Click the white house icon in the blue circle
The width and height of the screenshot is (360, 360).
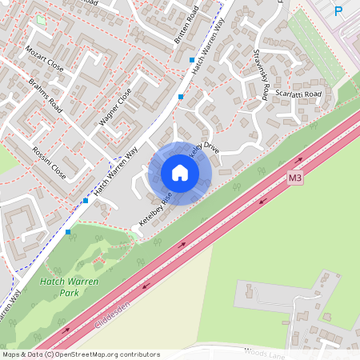click(x=179, y=172)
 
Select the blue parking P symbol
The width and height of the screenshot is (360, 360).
click(x=338, y=11)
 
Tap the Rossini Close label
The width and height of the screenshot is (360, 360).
click(x=49, y=160)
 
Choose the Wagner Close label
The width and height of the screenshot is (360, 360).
click(x=114, y=110)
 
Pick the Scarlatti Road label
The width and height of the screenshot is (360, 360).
click(x=298, y=94)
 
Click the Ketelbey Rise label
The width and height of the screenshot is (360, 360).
click(x=154, y=207)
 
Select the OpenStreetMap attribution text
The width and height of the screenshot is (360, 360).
click(x=80, y=354)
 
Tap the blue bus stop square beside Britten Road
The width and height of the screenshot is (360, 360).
click(x=192, y=60)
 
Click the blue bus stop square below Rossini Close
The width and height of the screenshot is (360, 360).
click(x=86, y=202)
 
